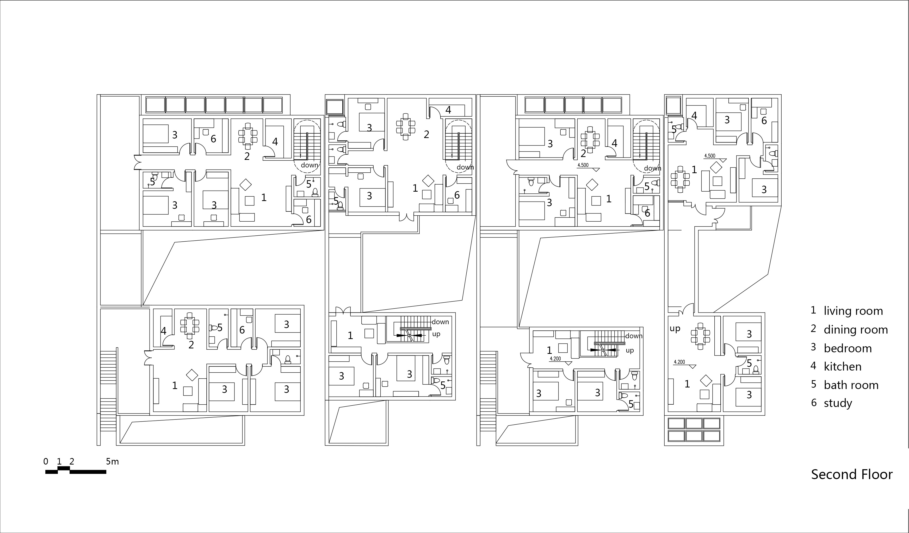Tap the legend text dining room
coord(856,330)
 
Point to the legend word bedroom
coord(848,348)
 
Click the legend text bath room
coord(851,385)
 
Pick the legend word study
coord(838,403)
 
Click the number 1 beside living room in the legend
coord(813,310)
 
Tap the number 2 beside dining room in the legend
coord(813,329)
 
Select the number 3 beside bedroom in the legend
coord(813,347)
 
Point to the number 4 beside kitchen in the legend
coord(813,366)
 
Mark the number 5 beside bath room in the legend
coord(814,384)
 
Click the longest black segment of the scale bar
coord(88,472)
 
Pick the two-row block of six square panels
coord(694,430)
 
